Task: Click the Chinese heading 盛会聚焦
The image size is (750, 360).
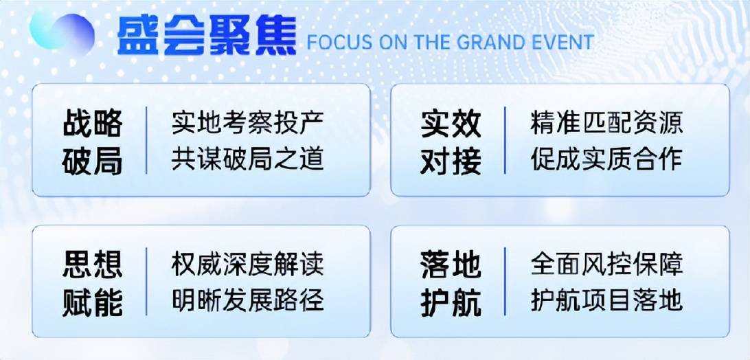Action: [x=207, y=36]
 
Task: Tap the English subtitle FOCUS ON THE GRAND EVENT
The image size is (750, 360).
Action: [x=450, y=42]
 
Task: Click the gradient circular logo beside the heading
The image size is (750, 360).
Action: [x=62, y=32]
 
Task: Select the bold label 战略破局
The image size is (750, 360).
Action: [x=92, y=142]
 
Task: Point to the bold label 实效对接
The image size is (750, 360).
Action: [x=451, y=142]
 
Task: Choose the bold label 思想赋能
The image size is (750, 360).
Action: [x=92, y=283]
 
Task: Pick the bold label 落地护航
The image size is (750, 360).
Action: [x=451, y=283]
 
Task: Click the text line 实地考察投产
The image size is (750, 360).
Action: [x=248, y=123]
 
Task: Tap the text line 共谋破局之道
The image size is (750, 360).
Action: [x=248, y=159]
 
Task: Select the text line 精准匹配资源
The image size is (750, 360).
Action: [x=606, y=123]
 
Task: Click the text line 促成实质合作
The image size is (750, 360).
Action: [x=606, y=159]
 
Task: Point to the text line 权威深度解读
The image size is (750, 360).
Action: [x=248, y=265]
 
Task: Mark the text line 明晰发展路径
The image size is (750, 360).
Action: [x=248, y=300]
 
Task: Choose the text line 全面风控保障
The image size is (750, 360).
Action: [x=606, y=265]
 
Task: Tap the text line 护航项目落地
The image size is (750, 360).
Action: [x=606, y=300]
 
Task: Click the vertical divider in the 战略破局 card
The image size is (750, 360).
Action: [x=146, y=140]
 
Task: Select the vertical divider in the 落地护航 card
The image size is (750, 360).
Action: [x=505, y=282]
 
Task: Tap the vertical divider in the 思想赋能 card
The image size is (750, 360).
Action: [x=146, y=282]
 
